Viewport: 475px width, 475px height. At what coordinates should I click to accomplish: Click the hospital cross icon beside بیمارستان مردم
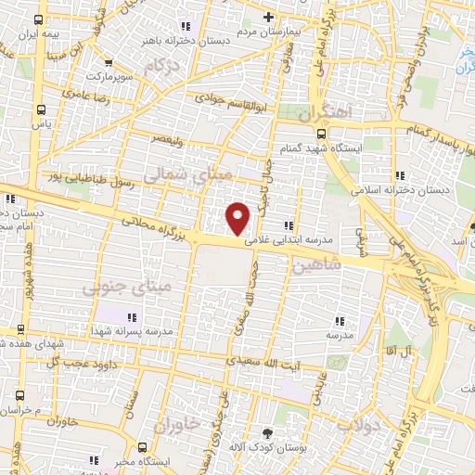pyautogui.click(x=269, y=17)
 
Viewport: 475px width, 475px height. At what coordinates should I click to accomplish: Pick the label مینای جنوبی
pyautogui.click(x=115, y=289)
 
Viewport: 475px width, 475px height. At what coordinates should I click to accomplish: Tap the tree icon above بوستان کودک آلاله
pyautogui.click(x=268, y=433)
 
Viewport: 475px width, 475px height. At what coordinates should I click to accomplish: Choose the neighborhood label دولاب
pyautogui.click(x=353, y=426)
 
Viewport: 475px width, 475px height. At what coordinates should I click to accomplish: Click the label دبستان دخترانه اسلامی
pyautogui.click(x=399, y=189)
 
